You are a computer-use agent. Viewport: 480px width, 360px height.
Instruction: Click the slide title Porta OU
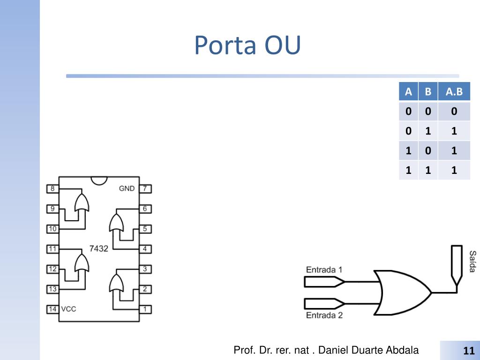pyautogui.click(x=247, y=45)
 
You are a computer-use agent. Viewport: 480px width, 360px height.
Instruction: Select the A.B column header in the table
pyautogui.click(x=454, y=91)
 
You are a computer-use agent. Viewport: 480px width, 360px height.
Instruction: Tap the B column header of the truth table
pyautogui.click(x=428, y=91)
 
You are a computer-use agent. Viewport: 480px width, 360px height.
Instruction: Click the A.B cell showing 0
pyautogui.click(x=454, y=111)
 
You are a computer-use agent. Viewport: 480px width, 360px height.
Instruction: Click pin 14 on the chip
pyautogui.click(x=52, y=309)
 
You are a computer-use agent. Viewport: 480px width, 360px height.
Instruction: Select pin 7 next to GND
pyautogui.click(x=145, y=188)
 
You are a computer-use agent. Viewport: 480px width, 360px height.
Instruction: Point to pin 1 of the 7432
pyautogui.click(x=145, y=309)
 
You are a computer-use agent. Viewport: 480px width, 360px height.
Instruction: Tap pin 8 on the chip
pyautogui.click(x=52, y=188)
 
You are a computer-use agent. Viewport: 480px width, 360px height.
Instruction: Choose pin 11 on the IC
pyautogui.click(x=52, y=249)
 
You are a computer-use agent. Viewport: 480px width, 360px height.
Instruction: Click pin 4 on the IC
pyautogui.click(x=145, y=249)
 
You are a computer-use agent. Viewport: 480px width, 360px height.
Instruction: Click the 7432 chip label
pyautogui.click(x=98, y=248)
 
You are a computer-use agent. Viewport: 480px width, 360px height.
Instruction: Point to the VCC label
pyautogui.click(x=68, y=309)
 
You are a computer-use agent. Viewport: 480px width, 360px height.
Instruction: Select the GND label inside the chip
pyautogui.click(x=127, y=188)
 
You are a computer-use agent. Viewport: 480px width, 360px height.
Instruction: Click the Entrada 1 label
pyautogui.click(x=324, y=270)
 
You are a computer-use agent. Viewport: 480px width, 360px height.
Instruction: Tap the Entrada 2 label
pyautogui.click(x=324, y=315)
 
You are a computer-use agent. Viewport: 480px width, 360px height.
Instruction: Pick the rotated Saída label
pyautogui.click(x=473, y=261)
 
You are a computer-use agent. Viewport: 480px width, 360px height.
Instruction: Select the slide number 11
pyautogui.click(x=469, y=351)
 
